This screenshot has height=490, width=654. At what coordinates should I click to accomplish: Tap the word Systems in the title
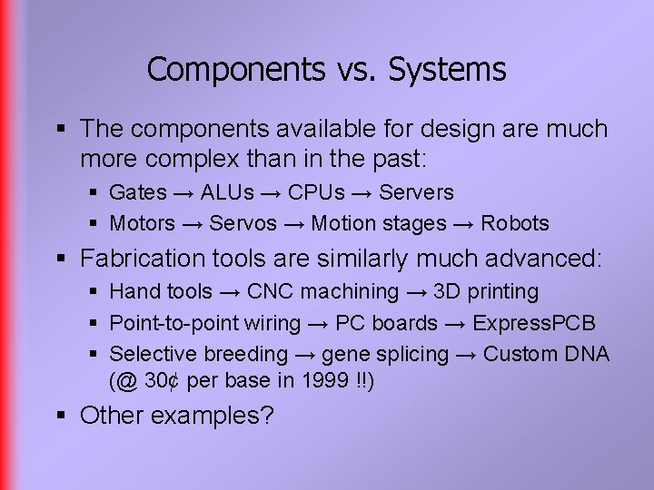[x=447, y=70]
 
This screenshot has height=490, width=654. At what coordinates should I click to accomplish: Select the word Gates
[x=138, y=192]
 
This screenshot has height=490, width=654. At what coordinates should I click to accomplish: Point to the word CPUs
[x=316, y=192]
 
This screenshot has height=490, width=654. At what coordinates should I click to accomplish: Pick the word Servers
[x=416, y=192]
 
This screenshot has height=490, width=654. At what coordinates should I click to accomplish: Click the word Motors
[x=142, y=223]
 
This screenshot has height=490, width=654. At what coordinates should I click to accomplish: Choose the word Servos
[x=243, y=223]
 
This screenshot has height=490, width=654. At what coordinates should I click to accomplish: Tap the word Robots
[x=515, y=223]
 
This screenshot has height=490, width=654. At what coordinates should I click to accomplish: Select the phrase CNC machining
[x=322, y=291]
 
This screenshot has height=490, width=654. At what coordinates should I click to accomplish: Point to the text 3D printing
[x=485, y=291]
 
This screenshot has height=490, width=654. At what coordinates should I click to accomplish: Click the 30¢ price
[x=163, y=380]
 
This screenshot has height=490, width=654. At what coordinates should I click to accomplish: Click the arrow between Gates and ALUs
[x=183, y=193]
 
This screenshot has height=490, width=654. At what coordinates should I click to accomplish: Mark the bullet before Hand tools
[x=94, y=292]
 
